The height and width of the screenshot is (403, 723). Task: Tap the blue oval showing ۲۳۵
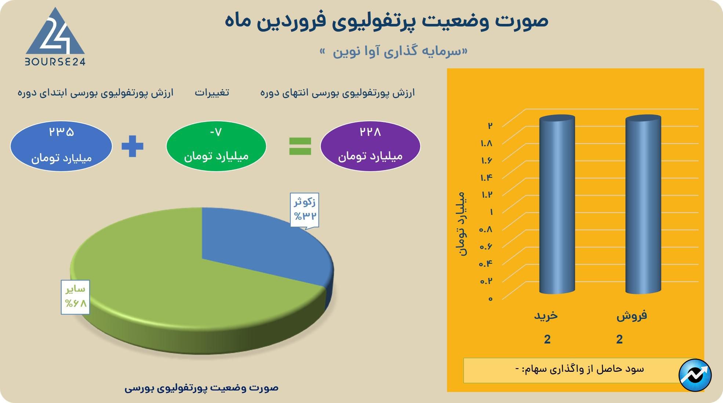tap(61, 146)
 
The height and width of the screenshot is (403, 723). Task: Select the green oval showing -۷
tap(216, 146)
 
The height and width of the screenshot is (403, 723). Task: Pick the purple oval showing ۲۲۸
tap(370, 146)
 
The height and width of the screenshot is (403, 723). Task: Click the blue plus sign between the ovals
tap(132, 146)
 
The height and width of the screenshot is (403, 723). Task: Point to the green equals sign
tap(300, 146)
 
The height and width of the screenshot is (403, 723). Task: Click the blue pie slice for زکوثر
tap(264, 250)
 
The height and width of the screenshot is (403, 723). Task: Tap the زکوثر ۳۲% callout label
tap(305, 209)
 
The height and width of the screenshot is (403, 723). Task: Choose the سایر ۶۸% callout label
tap(75, 297)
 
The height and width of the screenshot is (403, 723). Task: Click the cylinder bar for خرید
tap(557, 204)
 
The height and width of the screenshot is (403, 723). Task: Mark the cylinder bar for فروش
tap(643, 204)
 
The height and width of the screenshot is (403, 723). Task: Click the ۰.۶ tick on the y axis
tap(486, 247)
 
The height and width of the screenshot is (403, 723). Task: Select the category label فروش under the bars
tap(632, 316)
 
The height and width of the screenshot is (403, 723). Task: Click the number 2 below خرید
tap(547, 339)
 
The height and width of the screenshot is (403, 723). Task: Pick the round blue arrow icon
tap(695, 375)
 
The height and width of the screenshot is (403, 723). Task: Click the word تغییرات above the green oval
tap(212, 92)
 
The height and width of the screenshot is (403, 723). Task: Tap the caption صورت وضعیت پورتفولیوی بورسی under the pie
tap(201, 388)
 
